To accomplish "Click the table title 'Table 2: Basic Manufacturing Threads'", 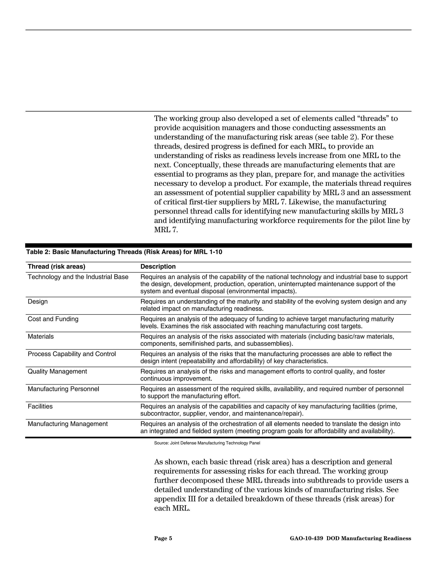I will click(124, 252).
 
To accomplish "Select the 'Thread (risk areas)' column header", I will click(56, 267).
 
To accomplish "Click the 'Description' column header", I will click(158, 267).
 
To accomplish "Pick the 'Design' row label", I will click(38, 301).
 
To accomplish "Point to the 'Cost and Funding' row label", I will click(53, 319).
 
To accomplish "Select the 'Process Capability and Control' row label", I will click(72, 354).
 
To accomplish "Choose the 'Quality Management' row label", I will click(57, 371).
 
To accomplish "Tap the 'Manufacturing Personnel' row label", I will click(63, 389).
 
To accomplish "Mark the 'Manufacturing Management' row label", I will click(68, 424).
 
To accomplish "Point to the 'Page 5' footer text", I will click(163, 539).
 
